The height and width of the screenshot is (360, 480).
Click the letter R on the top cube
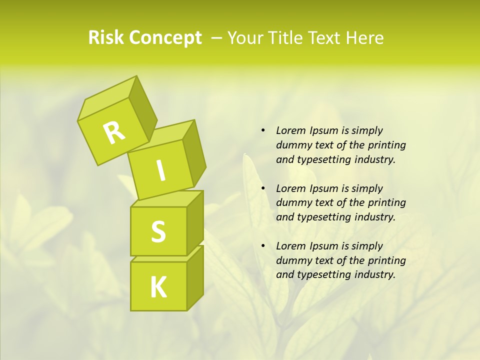coord(114,132)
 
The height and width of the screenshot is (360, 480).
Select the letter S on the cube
coord(158,231)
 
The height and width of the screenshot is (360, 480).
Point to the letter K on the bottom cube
coord(158,287)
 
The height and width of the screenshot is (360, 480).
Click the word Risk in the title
coord(105,37)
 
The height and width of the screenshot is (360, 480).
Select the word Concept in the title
coord(165,37)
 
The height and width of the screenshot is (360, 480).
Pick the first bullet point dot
coord(263,130)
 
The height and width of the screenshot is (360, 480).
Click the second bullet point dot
coord(263,188)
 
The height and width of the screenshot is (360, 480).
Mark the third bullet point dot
coord(263,246)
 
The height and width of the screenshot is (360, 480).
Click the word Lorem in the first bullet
coord(290,130)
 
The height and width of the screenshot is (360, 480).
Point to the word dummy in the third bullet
coord(292,260)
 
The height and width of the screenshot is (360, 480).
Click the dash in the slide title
coord(217,37)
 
